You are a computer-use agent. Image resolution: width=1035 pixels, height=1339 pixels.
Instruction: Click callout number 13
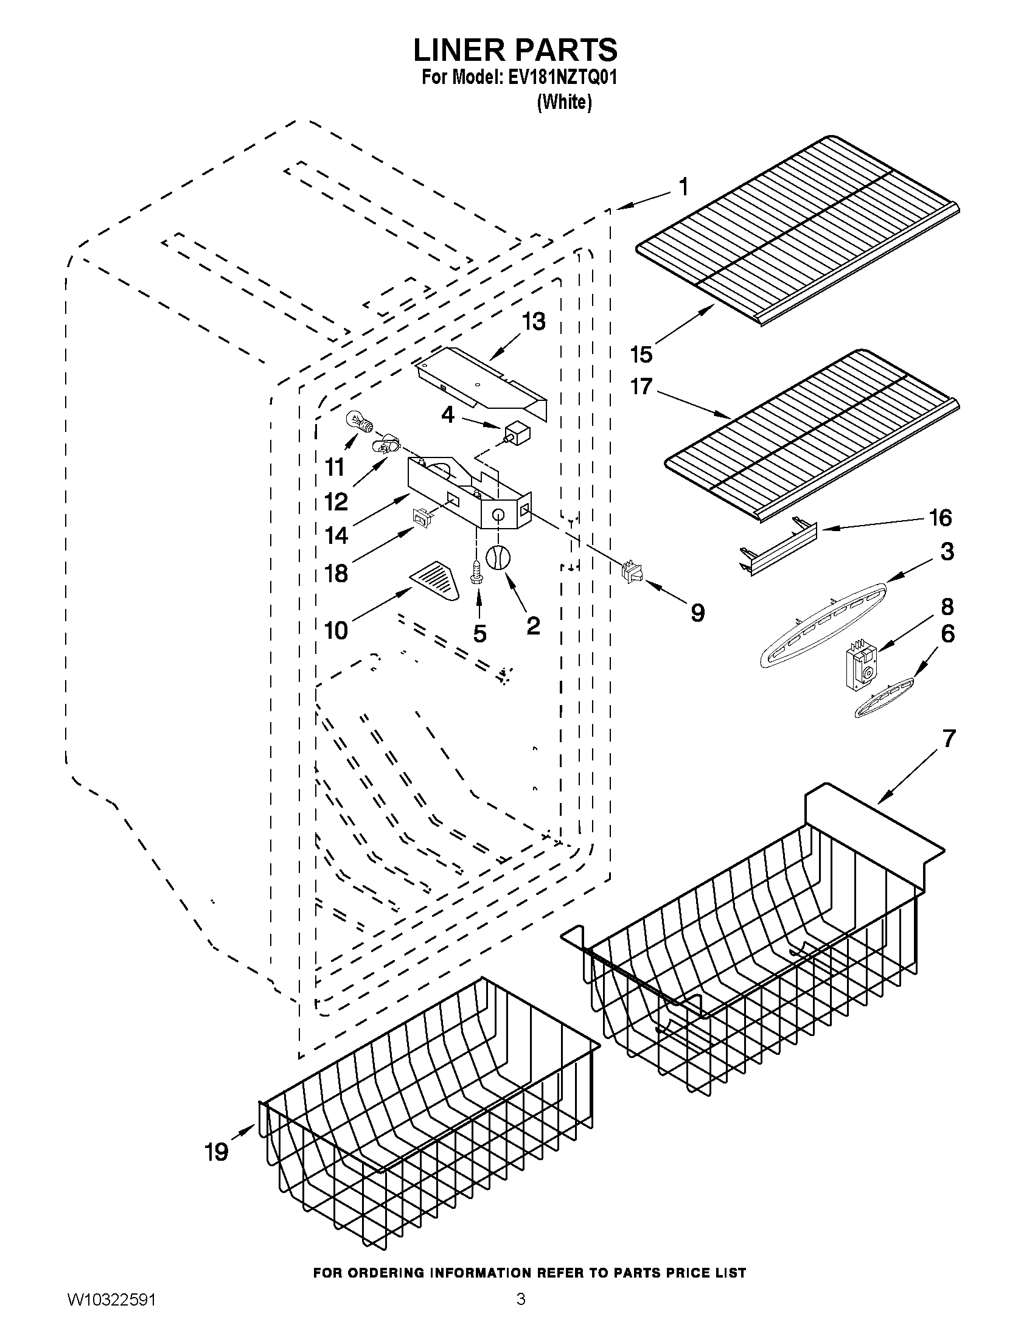[534, 321]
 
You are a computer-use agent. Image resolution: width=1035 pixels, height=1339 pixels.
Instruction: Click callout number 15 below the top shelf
[641, 353]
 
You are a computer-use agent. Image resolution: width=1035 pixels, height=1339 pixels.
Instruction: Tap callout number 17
[641, 387]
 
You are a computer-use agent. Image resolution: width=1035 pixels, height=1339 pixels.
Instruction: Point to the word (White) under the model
[564, 102]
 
